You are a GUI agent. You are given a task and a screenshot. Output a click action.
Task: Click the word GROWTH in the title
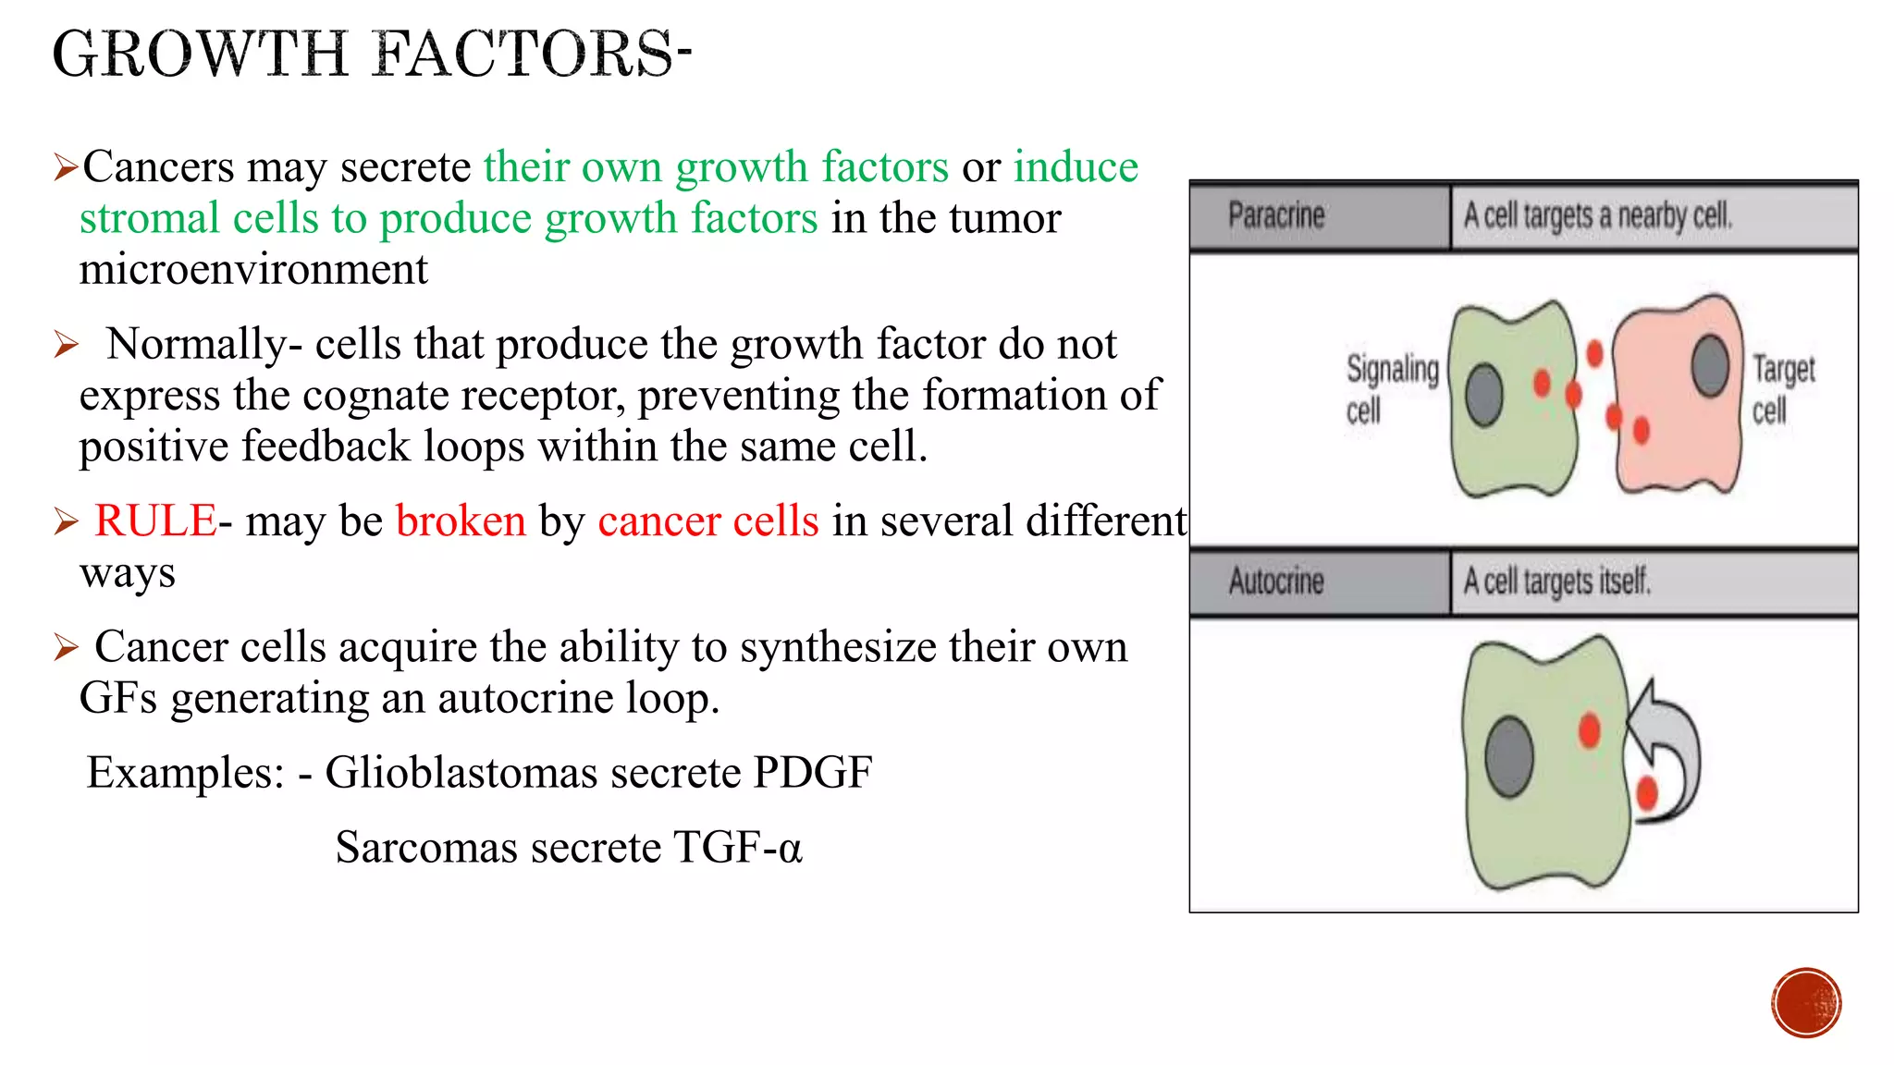200,54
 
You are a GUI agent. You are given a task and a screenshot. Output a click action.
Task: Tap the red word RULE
155,520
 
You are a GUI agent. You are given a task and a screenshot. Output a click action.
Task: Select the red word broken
461,520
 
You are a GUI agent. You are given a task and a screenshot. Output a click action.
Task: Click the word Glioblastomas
532,772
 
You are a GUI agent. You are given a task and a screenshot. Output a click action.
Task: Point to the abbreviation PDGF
812,772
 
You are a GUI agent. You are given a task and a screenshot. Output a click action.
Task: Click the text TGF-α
737,847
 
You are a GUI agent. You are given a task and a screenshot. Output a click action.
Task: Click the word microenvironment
253,270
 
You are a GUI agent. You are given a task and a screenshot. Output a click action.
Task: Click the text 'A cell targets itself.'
1556,581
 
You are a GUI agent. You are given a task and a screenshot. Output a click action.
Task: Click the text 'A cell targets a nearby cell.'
1597,215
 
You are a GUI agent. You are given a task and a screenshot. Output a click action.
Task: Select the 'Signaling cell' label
1391,388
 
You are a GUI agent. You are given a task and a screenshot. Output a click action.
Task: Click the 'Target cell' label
1782,388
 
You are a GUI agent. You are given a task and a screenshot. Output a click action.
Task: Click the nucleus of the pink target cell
1710,366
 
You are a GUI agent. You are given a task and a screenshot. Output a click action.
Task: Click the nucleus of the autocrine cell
1509,756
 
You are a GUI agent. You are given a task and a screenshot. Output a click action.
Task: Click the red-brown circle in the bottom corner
1806,1003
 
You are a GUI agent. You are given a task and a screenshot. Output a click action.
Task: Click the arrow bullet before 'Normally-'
66,345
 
